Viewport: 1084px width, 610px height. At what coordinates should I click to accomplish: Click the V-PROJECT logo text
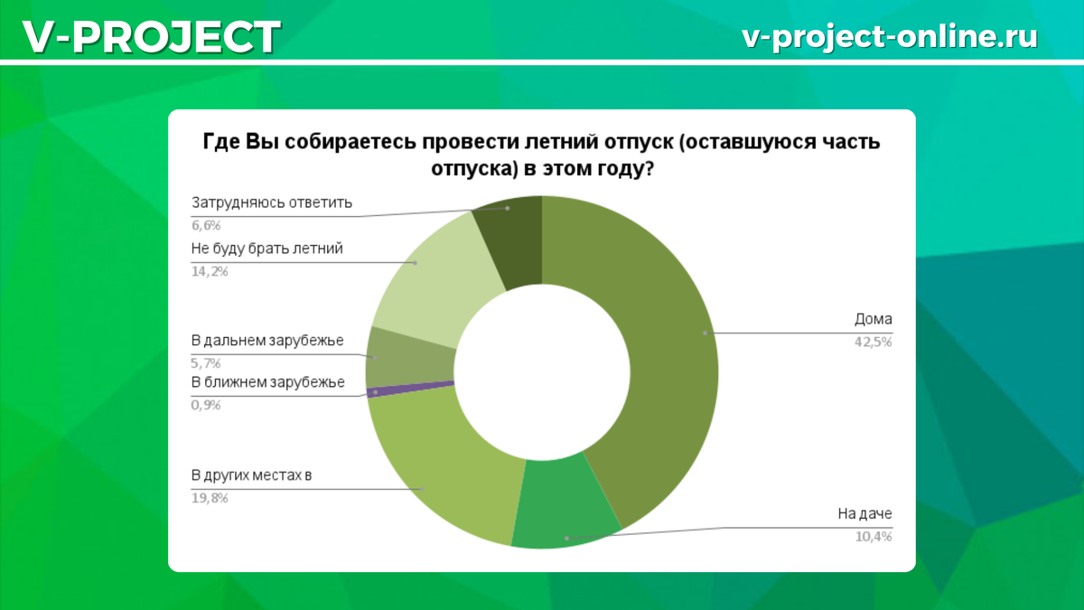point(152,37)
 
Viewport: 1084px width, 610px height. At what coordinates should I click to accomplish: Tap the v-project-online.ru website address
point(890,37)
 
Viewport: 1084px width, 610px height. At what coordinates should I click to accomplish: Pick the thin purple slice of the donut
point(410,389)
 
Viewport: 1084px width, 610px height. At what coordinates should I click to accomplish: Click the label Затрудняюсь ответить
point(272,202)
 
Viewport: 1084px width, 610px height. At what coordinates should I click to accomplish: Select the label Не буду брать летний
point(266,249)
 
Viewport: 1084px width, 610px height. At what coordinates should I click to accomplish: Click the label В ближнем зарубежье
point(267,382)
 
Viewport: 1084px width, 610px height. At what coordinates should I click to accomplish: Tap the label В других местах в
point(251,475)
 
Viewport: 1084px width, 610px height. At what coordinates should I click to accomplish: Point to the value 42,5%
point(873,343)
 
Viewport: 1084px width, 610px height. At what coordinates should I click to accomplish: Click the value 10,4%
point(873,537)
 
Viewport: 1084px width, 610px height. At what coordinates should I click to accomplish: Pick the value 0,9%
point(206,405)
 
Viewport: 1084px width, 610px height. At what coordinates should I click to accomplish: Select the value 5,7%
point(206,363)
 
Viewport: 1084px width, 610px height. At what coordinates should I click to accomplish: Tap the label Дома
point(873,320)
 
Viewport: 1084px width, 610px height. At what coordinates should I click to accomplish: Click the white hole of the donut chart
point(542,372)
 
